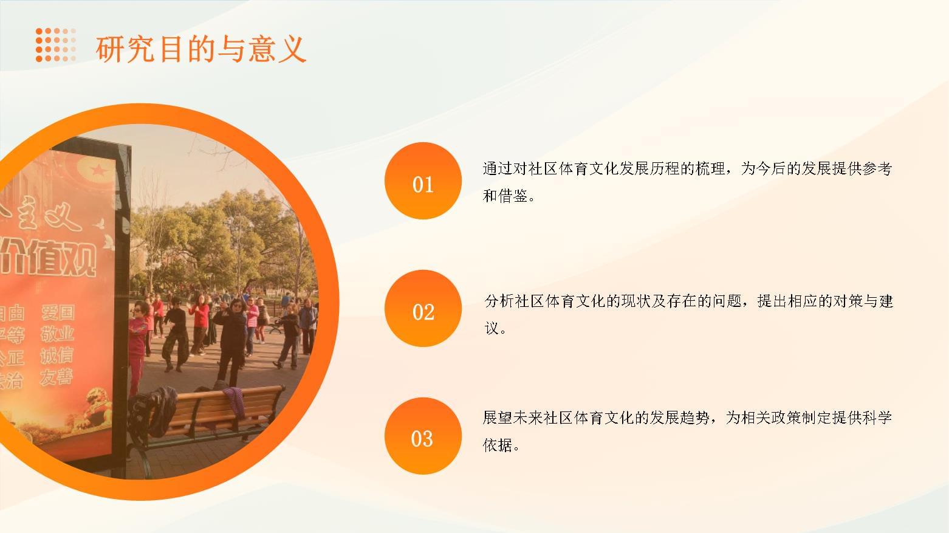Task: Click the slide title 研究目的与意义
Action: point(201,49)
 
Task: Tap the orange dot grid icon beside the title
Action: point(55,45)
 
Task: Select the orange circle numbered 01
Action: point(423,181)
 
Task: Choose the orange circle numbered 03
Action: point(423,436)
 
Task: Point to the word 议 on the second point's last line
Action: point(492,329)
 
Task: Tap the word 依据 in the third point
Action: point(498,445)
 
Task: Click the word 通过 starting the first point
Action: point(498,168)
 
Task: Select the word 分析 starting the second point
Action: point(499,301)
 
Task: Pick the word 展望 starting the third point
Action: point(498,418)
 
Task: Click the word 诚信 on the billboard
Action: point(57,356)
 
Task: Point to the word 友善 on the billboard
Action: point(56,377)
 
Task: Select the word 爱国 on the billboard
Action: point(58,312)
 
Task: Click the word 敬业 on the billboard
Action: point(57,334)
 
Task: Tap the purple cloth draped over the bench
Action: point(235,401)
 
